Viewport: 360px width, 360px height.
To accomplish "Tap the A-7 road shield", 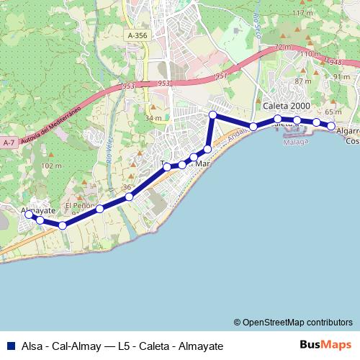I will click(9, 143).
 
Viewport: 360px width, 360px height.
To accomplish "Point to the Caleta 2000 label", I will click(286, 105).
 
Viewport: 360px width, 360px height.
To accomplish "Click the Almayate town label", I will click(38, 210).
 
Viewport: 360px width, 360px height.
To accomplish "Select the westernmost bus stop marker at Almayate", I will click(30, 215).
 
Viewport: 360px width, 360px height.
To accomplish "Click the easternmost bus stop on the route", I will click(332, 127).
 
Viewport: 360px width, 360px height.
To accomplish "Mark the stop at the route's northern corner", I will click(212, 115).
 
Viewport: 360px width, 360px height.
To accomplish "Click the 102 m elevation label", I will click(53, 166).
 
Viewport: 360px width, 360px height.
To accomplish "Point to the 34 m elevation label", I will click(153, 118).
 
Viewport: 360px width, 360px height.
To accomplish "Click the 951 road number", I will click(220, 76).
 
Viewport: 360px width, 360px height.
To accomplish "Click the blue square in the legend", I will click(9, 345).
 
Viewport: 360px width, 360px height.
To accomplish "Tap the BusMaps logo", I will click(325, 344).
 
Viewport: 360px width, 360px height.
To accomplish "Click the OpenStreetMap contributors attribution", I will click(293, 322).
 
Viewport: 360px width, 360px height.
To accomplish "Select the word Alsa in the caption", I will click(32, 345).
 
